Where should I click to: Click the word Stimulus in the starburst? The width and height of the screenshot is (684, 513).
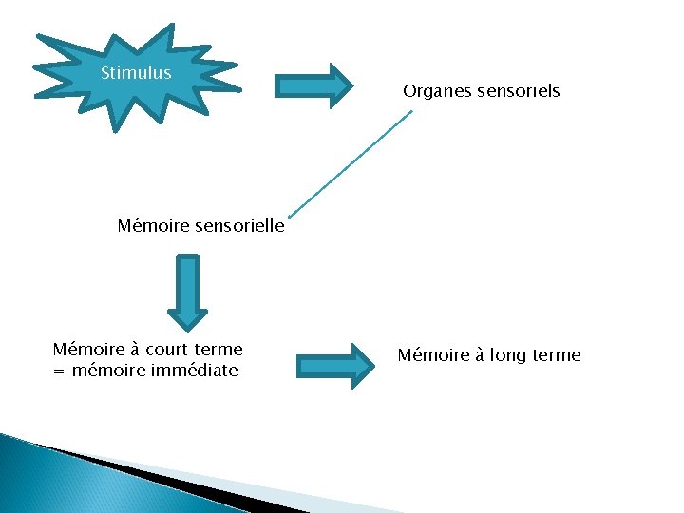pos(136,73)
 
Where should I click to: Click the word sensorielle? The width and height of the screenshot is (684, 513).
pos(240,226)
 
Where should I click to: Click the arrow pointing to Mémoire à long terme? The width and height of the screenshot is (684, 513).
pos(337,366)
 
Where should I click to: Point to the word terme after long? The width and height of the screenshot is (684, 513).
pos(558,355)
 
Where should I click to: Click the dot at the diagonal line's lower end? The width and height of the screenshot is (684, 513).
pos(289,215)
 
